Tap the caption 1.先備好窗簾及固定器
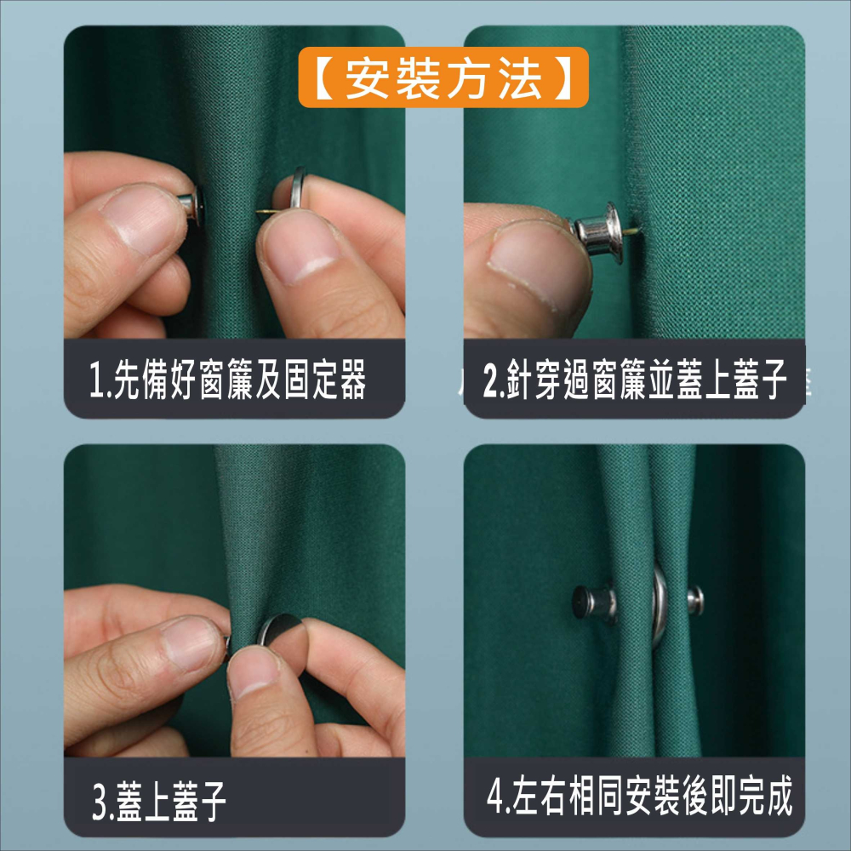click(x=228, y=380)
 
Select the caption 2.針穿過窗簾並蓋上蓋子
click(x=634, y=380)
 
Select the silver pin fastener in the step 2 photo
click(x=597, y=226)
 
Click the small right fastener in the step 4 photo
click(x=695, y=599)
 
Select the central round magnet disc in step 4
click(x=660, y=603)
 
